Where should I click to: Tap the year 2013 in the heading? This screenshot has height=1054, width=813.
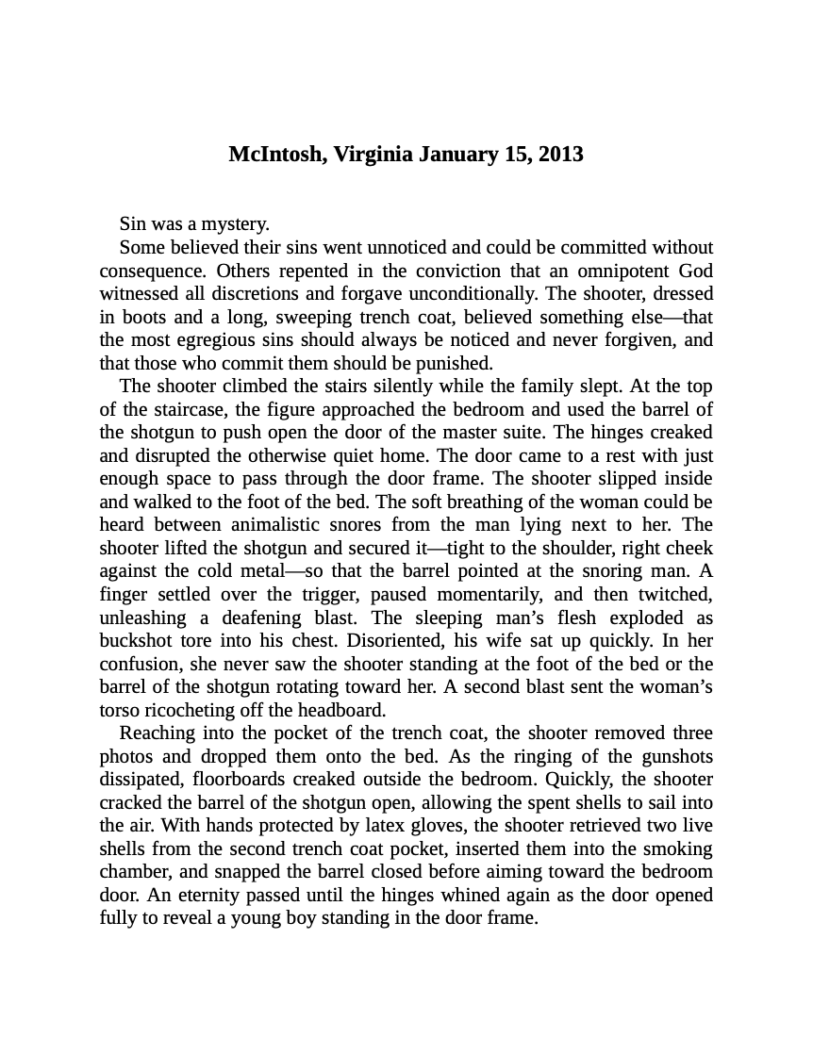561,154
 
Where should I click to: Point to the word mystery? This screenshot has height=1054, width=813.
236,224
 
